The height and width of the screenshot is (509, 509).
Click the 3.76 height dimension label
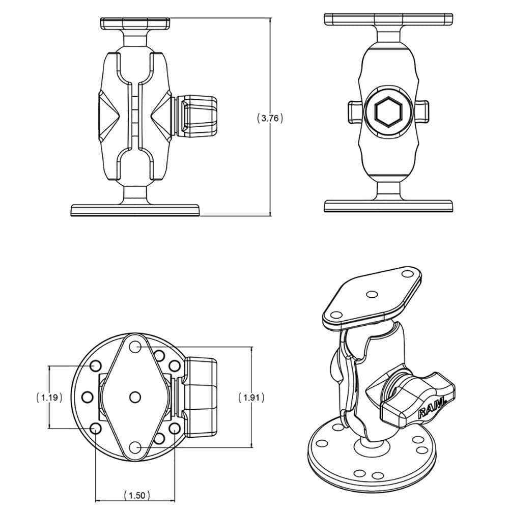[x=269, y=118]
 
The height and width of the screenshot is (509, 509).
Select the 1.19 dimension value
[x=49, y=397]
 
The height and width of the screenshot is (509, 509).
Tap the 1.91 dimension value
[x=251, y=397]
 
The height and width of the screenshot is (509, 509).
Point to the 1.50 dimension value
[x=135, y=494]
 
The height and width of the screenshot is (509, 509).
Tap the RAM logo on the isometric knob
[x=432, y=408]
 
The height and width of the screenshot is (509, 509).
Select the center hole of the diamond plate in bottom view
[x=135, y=397]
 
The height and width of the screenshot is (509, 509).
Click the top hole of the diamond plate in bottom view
[x=135, y=347]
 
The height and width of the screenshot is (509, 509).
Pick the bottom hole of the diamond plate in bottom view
[x=135, y=446]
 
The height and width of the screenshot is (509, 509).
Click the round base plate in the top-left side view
[x=135, y=210]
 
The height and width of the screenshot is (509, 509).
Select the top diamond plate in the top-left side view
[x=135, y=23]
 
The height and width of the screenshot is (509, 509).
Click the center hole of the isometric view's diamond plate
[x=373, y=294]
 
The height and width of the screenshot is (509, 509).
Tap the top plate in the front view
[x=388, y=19]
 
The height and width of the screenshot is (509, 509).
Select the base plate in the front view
[x=388, y=206]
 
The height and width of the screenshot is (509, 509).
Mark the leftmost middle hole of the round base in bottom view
[x=87, y=397]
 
